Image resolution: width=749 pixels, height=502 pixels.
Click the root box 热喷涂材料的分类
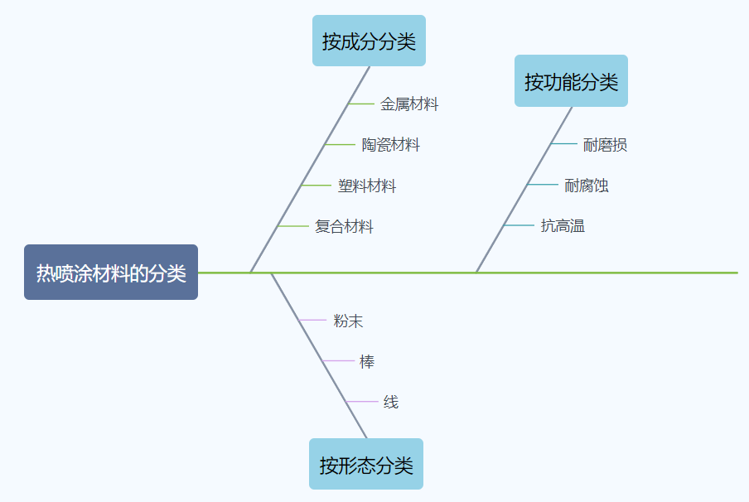coord(111,273)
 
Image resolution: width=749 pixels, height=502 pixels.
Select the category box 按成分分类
coord(369,41)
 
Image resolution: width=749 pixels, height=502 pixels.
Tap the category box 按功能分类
coord(571,81)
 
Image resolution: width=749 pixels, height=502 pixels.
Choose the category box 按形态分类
coord(366,464)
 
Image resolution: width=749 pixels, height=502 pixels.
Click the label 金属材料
coord(409,104)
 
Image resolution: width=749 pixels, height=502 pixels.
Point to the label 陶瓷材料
coord(391,145)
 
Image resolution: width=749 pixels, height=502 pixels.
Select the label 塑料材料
coord(367,186)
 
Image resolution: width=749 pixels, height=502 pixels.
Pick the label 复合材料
coord(344,226)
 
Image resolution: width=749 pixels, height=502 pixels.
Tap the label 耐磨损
coord(605,145)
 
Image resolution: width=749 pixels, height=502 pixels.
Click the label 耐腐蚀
coord(587,186)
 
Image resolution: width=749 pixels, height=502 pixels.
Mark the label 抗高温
coord(563,225)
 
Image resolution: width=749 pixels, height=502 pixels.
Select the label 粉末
coord(348,321)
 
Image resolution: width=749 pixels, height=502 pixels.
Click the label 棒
coord(367,361)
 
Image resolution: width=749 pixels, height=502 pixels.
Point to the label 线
coord(391,402)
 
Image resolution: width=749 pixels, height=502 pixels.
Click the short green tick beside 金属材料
coord(361,104)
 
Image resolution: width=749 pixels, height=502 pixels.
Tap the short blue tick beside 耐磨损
coord(564,144)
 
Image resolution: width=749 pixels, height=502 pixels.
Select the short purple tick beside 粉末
coord(312,320)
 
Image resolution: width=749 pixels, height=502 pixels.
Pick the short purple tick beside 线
coord(361,402)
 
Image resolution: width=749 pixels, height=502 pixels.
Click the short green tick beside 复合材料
coord(293,226)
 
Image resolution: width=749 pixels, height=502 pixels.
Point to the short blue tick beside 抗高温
coord(519,225)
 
